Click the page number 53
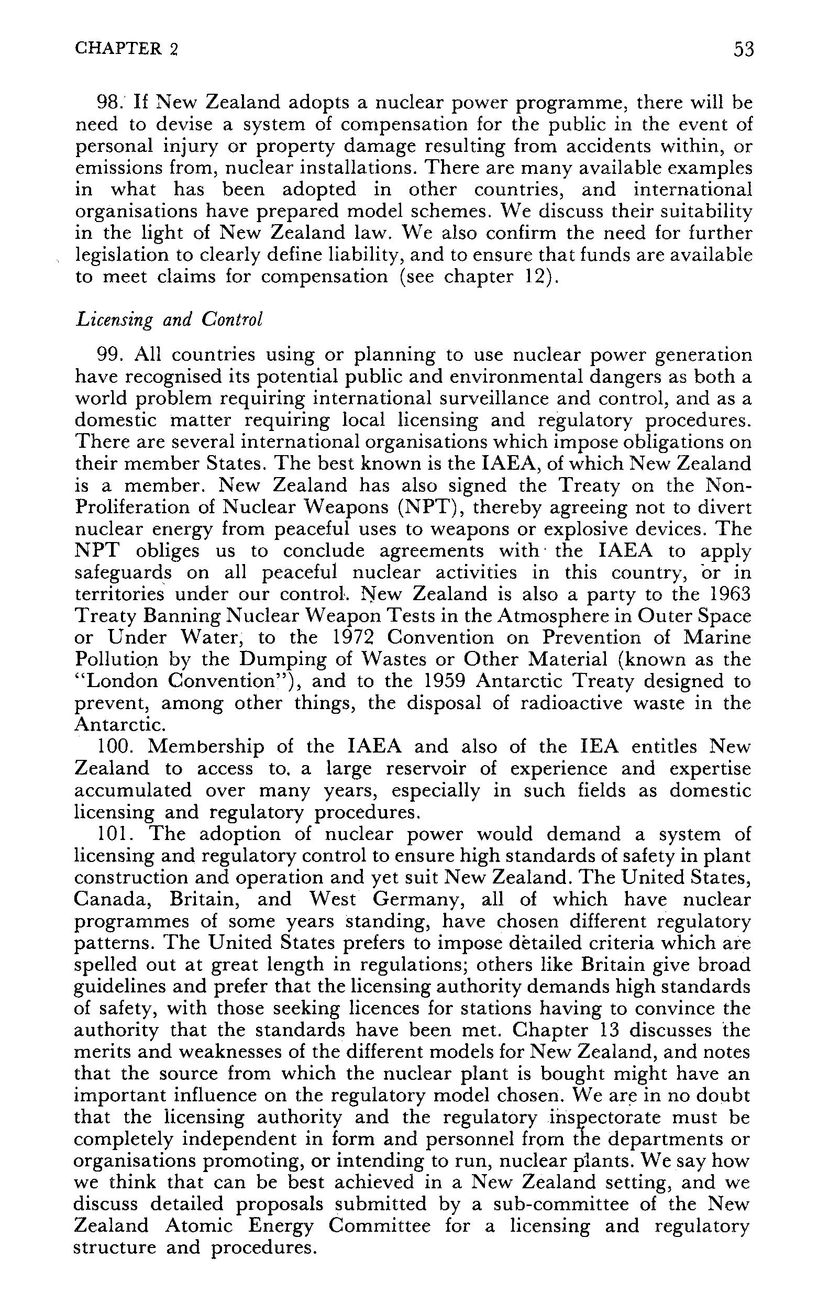[x=744, y=50]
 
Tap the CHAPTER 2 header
[x=126, y=49]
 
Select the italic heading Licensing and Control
[x=169, y=319]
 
